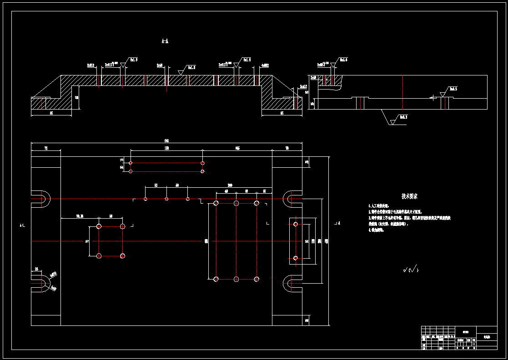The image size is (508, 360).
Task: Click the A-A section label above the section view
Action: click(165, 41)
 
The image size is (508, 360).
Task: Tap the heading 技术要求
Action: click(409, 196)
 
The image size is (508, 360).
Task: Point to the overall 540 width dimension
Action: click(166, 141)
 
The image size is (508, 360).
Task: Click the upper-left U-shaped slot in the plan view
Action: click(42, 199)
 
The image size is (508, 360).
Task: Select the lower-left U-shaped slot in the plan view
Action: click(42, 284)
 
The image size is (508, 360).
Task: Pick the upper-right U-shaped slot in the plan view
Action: click(291, 199)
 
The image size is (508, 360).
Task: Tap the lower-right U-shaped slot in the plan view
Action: click(291, 284)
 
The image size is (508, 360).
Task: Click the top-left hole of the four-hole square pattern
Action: click(99, 226)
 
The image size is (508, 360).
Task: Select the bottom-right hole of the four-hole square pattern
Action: click(122, 256)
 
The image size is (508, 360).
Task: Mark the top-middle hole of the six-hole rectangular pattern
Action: click(236, 203)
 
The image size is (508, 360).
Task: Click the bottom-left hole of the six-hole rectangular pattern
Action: click(216, 279)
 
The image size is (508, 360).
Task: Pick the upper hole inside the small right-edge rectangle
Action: click(296, 224)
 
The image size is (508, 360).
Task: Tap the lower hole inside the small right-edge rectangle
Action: click(296, 258)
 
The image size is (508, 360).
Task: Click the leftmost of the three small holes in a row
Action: click(146, 199)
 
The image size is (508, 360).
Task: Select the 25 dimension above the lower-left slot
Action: click(36, 270)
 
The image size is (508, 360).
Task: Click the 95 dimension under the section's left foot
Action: click(51, 113)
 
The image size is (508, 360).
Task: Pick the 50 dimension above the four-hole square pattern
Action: click(111, 216)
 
